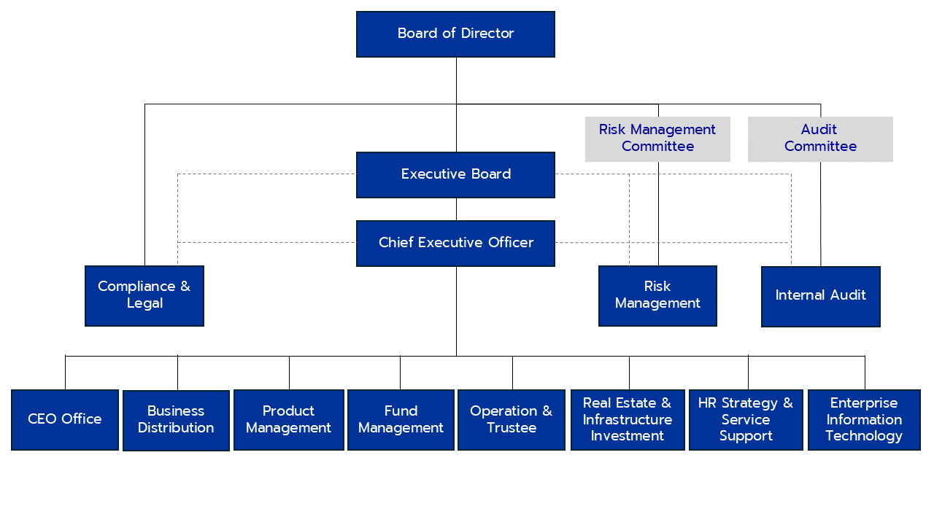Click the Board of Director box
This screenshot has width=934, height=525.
click(455, 34)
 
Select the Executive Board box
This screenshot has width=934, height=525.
click(455, 174)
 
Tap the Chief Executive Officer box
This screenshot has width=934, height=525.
click(455, 243)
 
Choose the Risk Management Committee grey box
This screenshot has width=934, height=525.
click(657, 139)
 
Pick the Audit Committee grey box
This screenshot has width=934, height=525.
click(819, 139)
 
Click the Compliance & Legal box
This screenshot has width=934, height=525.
click(144, 295)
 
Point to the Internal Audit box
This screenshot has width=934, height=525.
click(820, 296)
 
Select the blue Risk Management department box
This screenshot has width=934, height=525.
click(657, 295)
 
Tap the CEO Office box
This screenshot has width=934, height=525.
click(65, 419)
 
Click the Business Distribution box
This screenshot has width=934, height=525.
click(176, 420)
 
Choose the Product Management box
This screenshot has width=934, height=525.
click(288, 419)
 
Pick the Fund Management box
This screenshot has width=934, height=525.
click(401, 419)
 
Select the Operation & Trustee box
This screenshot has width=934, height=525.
click(511, 419)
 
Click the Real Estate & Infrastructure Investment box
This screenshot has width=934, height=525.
click(628, 419)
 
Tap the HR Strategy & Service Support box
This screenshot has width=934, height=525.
click(745, 419)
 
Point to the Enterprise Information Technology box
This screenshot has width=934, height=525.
click(864, 419)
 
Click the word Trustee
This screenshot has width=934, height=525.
click(512, 428)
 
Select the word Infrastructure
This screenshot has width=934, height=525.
click(628, 419)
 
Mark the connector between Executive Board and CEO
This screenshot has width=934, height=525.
click(457, 209)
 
